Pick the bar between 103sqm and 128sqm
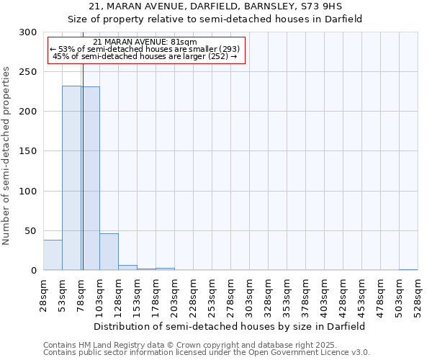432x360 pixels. click(109, 252)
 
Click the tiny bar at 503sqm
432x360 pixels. click(408, 269)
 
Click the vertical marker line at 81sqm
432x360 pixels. click(83, 144)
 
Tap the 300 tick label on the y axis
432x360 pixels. click(28, 32)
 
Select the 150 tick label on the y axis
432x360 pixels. click(28, 151)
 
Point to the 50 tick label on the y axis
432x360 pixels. click(31, 230)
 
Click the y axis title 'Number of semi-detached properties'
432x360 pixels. click(7, 156)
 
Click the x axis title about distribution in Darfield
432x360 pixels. click(229, 326)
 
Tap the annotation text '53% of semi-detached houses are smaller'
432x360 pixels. click(147, 50)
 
